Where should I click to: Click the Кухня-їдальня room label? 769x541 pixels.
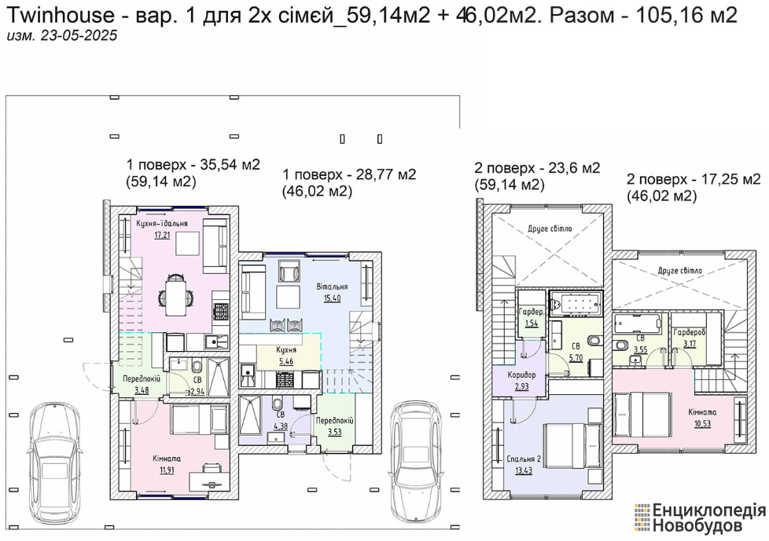point(162,224)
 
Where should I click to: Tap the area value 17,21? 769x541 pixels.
point(162,235)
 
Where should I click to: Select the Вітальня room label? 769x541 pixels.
point(332,287)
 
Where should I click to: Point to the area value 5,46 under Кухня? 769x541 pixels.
point(286,362)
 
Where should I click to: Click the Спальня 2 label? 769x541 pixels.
point(524,459)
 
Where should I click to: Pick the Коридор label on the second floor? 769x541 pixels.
point(522,375)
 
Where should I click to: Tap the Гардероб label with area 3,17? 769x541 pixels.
point(690,332)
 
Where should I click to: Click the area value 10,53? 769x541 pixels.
point(702,424)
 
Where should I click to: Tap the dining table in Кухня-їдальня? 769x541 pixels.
point(176,296)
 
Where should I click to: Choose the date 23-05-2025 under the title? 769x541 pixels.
point(79,36)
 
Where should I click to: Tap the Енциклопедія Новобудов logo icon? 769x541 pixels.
point(642,517)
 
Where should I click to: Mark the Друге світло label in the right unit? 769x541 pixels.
point(679,270)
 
